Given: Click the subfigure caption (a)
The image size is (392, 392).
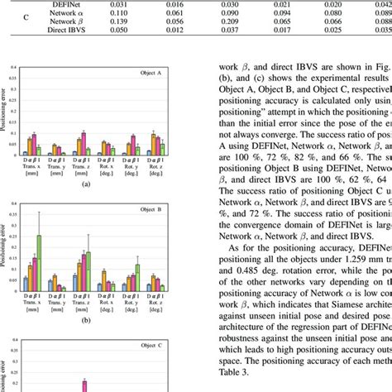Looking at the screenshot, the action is coord(85,185).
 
